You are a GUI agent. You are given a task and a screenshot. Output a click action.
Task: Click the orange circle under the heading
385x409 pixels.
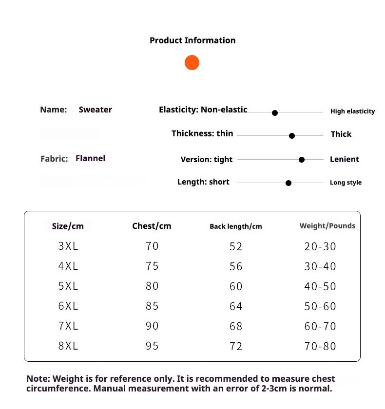point(192,63)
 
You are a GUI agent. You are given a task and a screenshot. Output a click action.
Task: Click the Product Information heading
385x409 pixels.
point(192,40)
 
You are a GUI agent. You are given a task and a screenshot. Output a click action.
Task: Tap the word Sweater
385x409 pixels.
point(96,110)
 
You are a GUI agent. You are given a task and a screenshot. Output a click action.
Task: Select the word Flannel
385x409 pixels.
point(90,158)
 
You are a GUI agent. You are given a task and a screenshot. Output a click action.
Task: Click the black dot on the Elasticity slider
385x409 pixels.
point(275,113)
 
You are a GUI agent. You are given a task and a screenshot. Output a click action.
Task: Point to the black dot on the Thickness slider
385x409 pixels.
point(292,136)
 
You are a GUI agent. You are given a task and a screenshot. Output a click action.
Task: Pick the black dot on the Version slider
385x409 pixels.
point(302,160)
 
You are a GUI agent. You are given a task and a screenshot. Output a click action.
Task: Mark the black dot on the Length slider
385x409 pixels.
point(289,183)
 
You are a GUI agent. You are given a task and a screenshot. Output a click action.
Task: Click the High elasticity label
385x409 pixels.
point(352,112)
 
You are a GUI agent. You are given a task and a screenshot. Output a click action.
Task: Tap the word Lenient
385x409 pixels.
point(344,159)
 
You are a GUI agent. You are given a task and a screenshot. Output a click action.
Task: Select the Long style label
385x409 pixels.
point(346,183)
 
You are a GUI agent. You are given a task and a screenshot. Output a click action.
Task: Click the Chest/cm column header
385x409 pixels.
point(152,226)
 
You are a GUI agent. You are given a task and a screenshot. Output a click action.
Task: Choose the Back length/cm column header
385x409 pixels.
point(236,226)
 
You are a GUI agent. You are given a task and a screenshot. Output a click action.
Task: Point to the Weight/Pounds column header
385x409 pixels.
point(327,226)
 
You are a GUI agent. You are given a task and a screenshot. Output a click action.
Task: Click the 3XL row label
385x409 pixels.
point(68,246)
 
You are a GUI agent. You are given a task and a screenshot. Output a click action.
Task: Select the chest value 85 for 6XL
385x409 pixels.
point(152,306)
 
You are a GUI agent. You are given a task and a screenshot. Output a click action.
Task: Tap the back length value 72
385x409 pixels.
point(236,346)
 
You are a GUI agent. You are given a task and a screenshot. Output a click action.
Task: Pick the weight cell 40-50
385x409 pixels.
point(320,286)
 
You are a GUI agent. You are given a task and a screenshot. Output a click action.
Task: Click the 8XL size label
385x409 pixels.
point(68,346)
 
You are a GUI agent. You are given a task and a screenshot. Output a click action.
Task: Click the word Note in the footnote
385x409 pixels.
point(38,379)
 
